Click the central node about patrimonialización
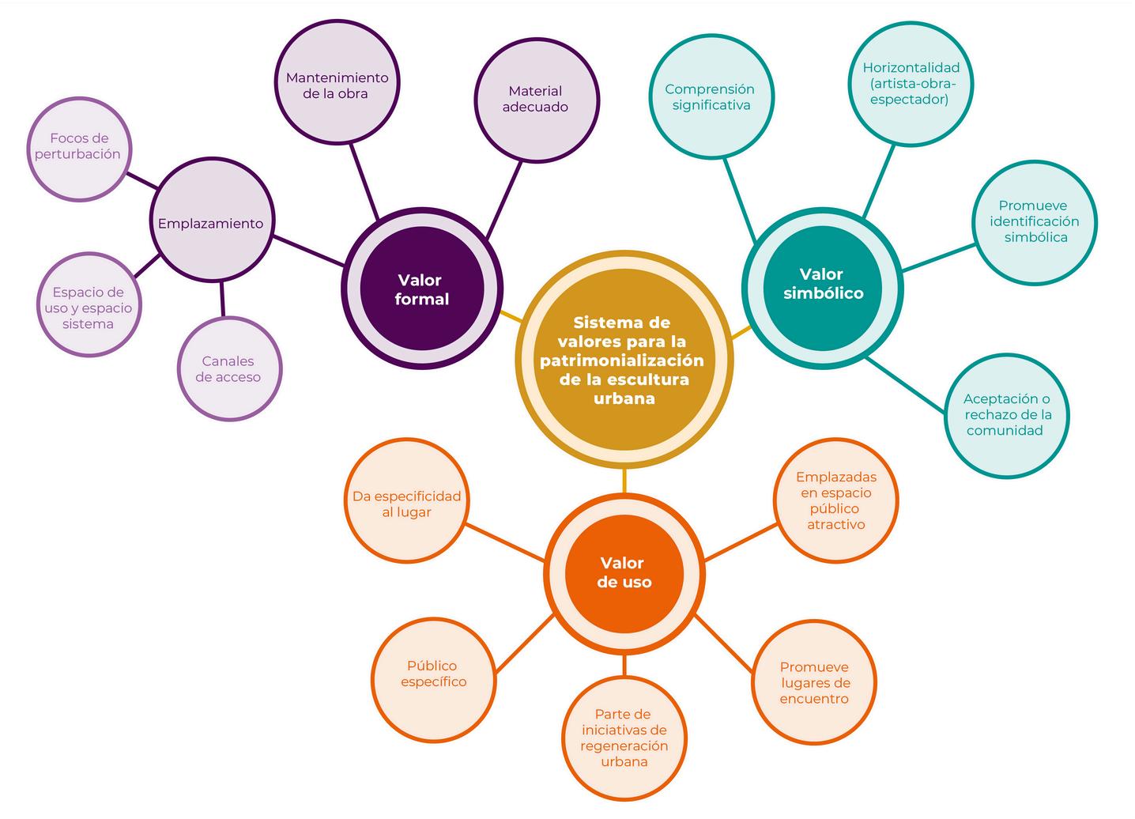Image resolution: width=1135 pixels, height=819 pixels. point(624,360)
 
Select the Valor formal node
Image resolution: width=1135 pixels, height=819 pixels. point(422,289)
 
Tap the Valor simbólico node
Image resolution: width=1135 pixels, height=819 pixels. point(823,284)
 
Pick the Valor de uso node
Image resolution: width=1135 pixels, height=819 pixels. point(624,573)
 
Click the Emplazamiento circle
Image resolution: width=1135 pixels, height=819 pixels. point(211,223)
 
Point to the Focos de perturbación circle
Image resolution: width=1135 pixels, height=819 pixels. point(78,149)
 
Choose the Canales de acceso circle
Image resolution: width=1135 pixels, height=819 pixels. point(228,369)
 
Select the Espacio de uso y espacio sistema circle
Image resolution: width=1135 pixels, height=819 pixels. point(89,307)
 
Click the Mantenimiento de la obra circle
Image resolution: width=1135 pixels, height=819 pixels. point(337,82)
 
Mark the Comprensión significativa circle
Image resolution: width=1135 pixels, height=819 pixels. point(710,97)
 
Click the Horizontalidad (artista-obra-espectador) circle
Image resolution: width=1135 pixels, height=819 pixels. point(910,84)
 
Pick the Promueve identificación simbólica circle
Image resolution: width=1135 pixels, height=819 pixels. point(1035,222)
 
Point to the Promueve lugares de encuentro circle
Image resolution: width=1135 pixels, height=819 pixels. point(814,681)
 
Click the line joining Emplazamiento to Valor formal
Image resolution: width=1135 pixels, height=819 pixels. point(307,251)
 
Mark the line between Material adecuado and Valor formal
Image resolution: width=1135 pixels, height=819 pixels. point(504,200)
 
